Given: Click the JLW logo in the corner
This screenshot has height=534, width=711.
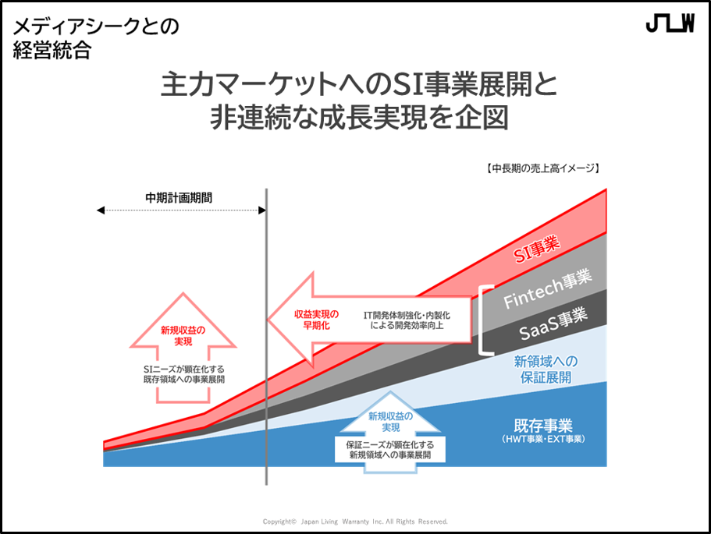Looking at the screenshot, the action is click(x=670, y=24).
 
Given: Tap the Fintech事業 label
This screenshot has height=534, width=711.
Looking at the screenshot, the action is click(x=547, y=289).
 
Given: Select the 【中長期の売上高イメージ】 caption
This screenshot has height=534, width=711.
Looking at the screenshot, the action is click(x=541, y=168).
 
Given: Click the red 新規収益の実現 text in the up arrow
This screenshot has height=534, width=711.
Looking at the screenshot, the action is click(x=183, y=335).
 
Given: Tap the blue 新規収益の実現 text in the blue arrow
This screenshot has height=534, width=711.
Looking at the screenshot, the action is click(x=391, y=422).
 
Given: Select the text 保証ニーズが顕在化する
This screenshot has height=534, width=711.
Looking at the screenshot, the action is click(x=391, y=444).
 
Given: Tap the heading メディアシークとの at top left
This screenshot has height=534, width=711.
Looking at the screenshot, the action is click(x=95, y=27).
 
